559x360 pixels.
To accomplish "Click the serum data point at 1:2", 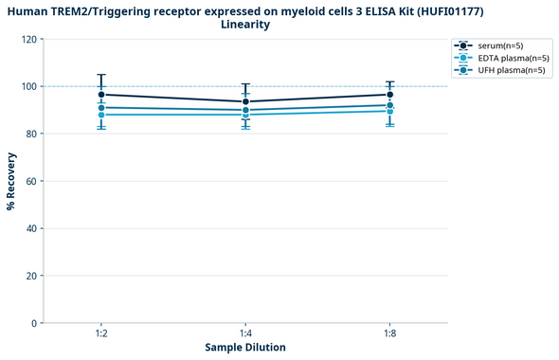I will tap(101, 95).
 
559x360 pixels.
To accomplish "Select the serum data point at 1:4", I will tap(245, 101).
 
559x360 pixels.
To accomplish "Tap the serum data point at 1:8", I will tap(389, 95).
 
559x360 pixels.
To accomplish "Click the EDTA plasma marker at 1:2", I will tap(101, 115).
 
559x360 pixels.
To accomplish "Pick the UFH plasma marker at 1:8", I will tap(389, 105).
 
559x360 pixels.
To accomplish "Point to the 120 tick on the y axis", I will tap(29, 40).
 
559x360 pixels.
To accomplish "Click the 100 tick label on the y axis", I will tap(29, 87).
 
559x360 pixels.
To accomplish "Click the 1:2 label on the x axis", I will tap(101, 334).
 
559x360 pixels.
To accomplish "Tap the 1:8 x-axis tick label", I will tap(389, 334).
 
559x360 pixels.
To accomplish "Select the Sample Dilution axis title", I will tap(245, 348).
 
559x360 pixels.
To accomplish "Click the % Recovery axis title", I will tap(11, 181).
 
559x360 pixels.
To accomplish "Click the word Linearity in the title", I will tap(245, 25).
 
